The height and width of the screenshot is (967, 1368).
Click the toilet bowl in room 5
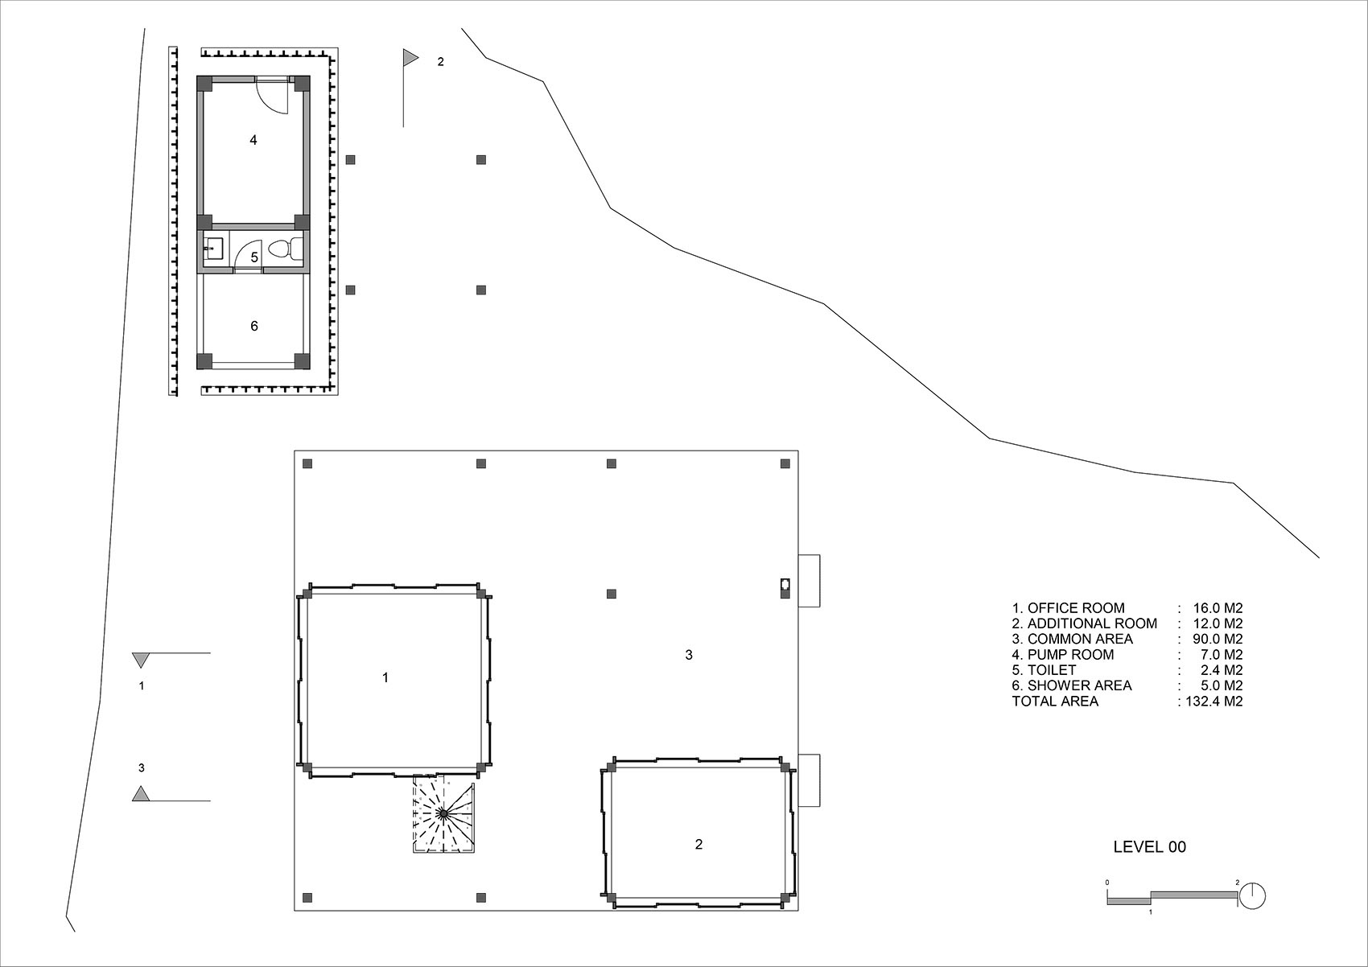(x=285, y=249)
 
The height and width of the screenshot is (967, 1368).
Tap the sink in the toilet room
(x=213, y=249)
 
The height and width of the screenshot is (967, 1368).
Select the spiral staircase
(x=444, y=814)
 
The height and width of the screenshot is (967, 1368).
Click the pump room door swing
(x=271, y=96)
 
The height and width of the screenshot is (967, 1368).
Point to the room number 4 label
(x=253, y=141)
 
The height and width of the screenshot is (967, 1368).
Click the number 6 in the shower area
(x=254, y=326)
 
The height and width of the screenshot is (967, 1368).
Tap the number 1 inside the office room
(x=385, y=677)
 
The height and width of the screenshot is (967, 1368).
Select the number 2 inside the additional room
(x=698, y=844)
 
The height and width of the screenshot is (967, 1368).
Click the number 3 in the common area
(x=689, y=654)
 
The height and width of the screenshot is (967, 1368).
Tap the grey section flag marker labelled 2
(x=410, y=58)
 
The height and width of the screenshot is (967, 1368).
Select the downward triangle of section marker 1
(x=141, y=660)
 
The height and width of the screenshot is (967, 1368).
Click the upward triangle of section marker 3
(x=141, y=793)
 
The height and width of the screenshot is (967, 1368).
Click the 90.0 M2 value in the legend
(x=1218, y=640)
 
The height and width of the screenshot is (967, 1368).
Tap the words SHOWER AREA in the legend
(x=1080, y=685)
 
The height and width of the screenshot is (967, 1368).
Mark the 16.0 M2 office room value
(x=1218, y=608)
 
